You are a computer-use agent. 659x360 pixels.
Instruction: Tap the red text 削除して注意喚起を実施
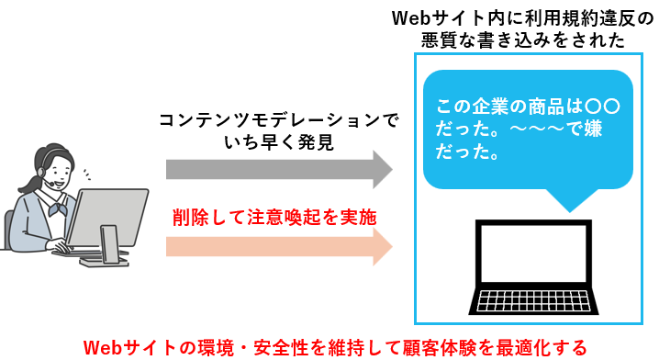[x=274, y=219]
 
